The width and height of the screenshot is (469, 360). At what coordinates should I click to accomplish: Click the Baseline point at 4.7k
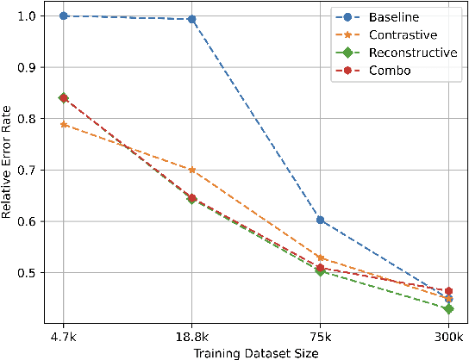[x=64, y=16]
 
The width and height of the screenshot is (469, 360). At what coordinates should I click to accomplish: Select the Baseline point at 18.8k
[x=191, y=19]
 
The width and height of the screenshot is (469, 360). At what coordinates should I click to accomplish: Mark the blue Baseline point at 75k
[x=320, y=220]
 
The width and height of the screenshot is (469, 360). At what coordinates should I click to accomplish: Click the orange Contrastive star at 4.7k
[x=64, y=125]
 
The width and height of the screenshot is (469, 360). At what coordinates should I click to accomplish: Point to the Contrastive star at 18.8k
[x=191, y=170]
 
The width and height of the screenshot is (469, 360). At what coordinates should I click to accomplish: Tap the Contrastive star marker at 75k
[x=320, y=258]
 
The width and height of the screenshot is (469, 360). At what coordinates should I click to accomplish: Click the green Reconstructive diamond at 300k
[x=448, y=308]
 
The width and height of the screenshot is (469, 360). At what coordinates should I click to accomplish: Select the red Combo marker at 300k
[x=448, y=291]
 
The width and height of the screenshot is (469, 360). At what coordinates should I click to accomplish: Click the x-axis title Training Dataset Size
[x=256, y=351]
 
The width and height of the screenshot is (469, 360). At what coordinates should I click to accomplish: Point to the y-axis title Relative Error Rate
[x=8, y=170]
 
